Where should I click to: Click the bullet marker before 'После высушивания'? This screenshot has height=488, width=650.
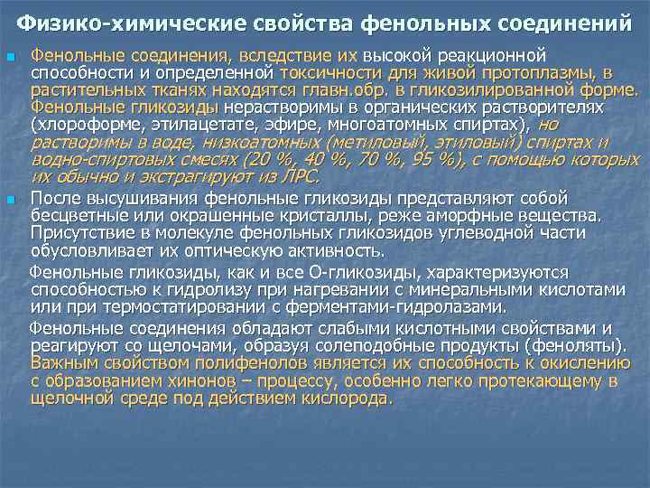pos(11,198)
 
